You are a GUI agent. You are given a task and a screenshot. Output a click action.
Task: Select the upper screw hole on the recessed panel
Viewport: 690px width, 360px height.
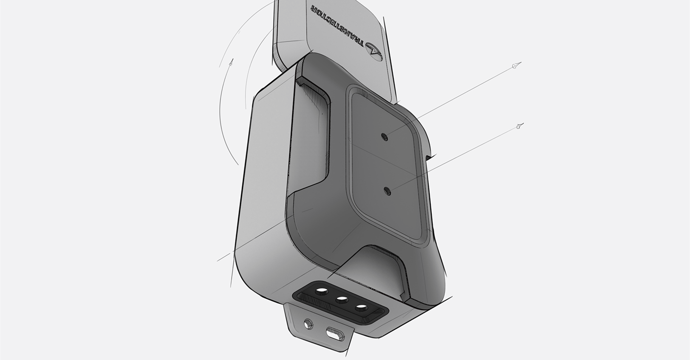click(x=385, y=137)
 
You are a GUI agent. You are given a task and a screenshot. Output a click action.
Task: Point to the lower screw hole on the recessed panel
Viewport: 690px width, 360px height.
click(x=387, y=191)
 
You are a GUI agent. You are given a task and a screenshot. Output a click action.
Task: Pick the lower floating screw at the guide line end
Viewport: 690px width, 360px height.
click(x=519, y=127)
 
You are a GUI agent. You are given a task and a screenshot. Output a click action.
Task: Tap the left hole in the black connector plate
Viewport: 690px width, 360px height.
click(x=321, y=291)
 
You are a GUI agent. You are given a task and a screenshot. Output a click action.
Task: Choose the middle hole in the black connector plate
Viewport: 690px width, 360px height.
click(x=342, y=299)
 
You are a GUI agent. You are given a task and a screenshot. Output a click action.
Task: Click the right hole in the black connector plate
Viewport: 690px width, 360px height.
click(x=362, y=308)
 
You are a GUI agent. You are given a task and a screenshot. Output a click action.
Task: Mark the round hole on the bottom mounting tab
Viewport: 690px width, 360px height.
click(x=309, y=324)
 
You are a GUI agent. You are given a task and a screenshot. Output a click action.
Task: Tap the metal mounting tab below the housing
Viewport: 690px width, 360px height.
click(x=320, y=328)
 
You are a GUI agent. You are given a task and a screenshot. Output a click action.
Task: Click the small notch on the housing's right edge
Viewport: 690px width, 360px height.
click(x=429, y=157)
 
